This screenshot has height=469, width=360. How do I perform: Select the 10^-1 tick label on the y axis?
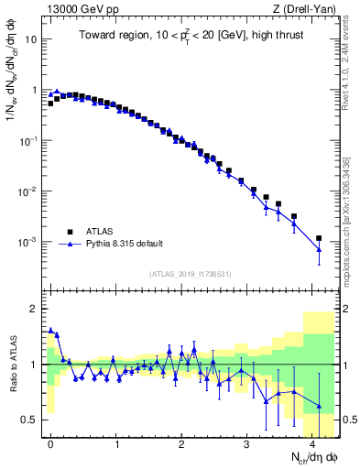tap(29, 141)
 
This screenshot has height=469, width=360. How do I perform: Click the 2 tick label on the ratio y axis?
tap(36, 309)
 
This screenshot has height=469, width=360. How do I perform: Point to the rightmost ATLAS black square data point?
tap(319, 238)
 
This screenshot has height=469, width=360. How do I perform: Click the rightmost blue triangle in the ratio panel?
tap(319, 406)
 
